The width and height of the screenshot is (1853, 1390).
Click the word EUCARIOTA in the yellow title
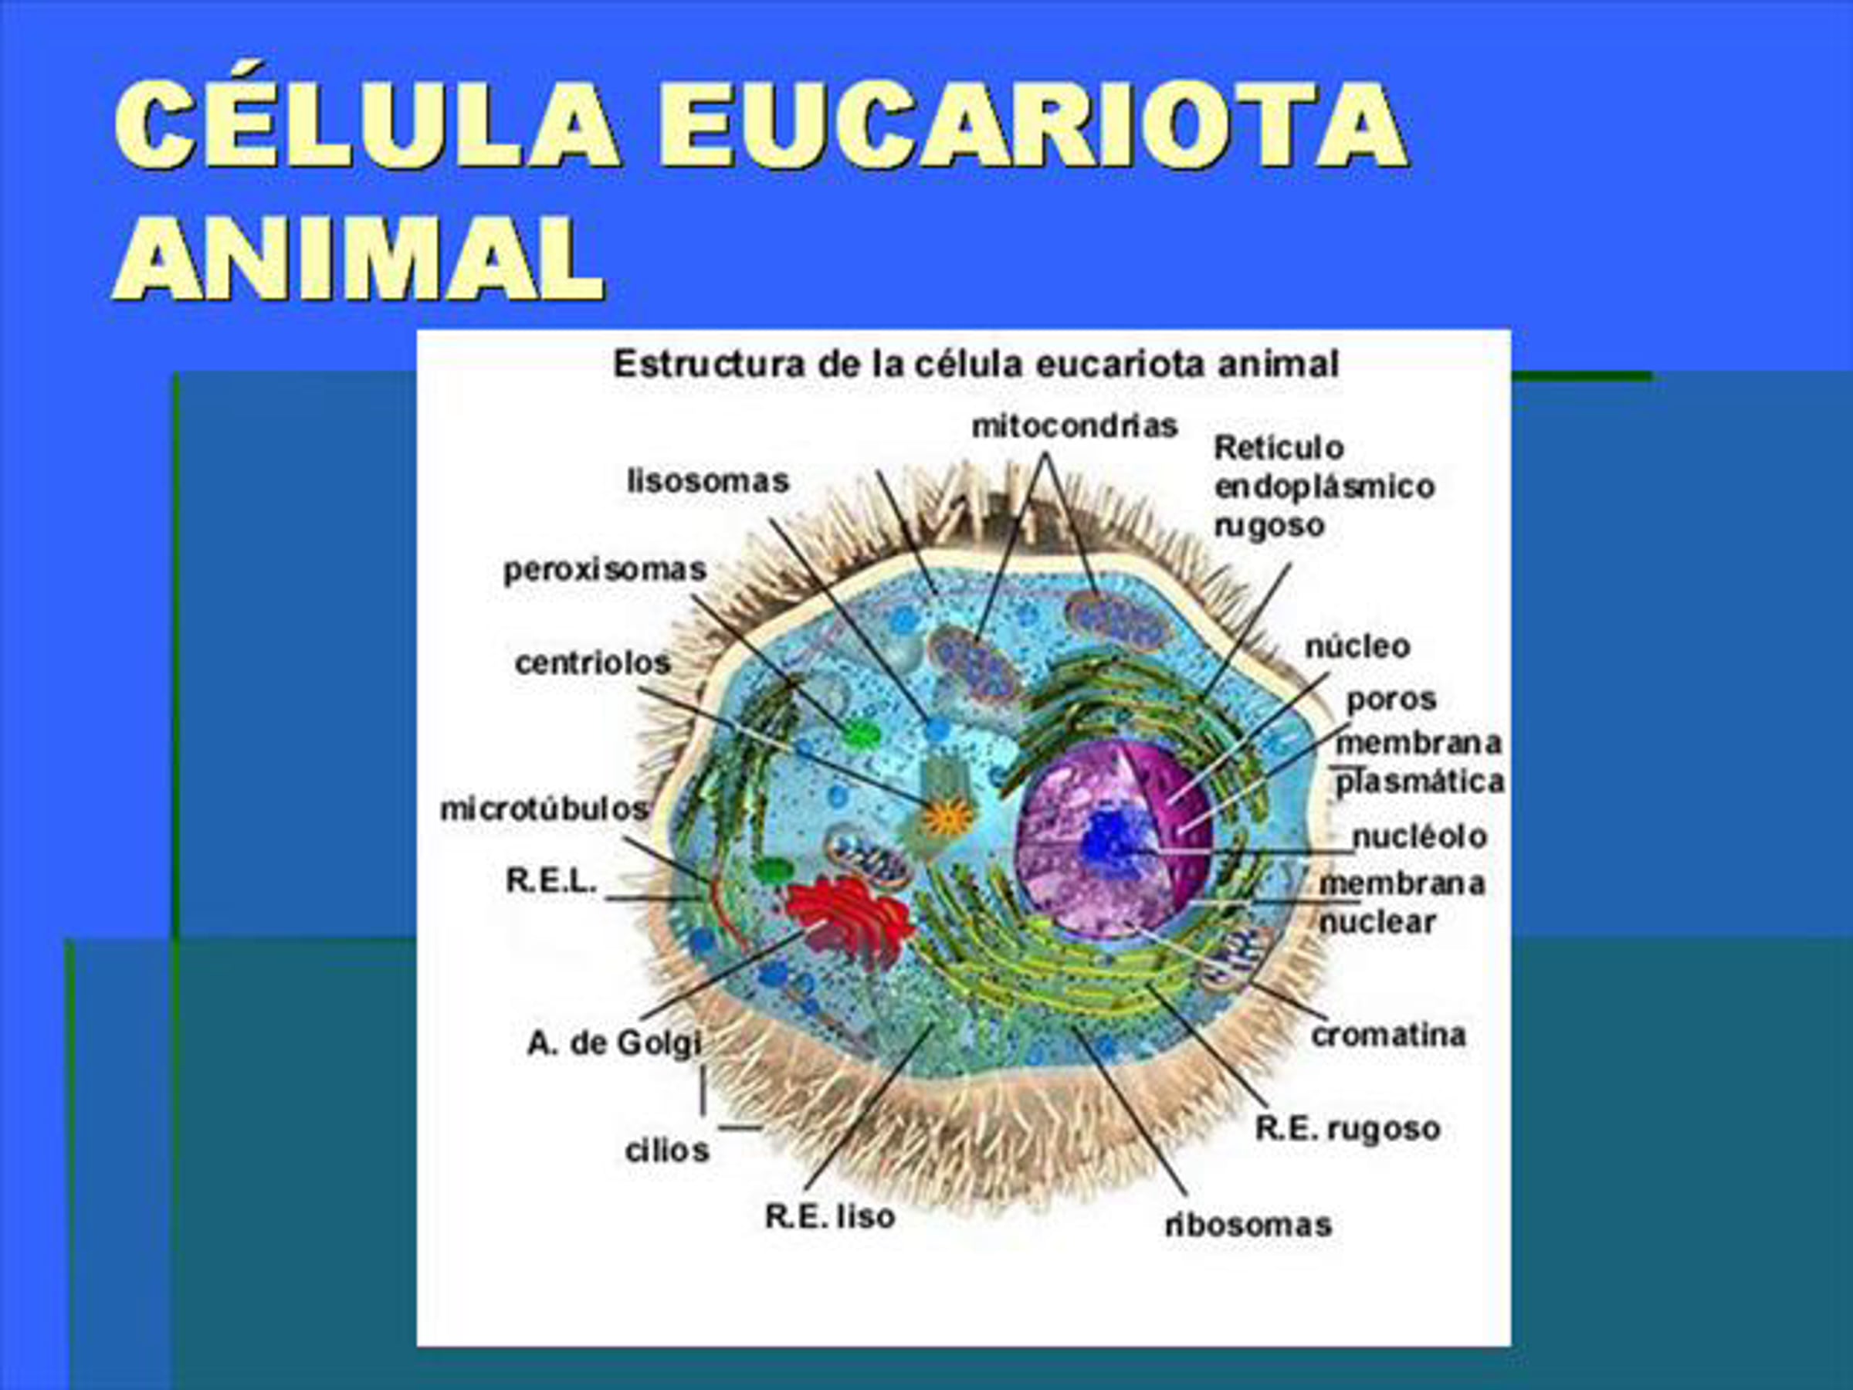pos(1032,126)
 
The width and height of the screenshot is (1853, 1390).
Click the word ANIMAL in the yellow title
pos(358,258)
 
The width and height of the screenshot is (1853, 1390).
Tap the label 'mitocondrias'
pos(1075,426)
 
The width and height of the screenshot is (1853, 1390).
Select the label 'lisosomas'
pos(708,481)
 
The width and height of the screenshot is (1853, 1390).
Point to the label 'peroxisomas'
pos(605,571)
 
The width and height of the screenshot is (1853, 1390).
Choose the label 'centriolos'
pos(593,663)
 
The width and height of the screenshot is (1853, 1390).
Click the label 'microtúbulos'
pos(544,809)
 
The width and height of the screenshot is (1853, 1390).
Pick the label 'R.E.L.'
pos(551,880)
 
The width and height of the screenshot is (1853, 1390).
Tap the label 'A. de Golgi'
pos(614,1044)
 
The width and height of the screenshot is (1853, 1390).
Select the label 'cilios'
pos(667,1151)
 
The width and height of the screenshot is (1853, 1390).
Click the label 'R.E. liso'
pos(829,1216)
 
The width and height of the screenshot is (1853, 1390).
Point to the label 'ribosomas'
pos(1248,1225)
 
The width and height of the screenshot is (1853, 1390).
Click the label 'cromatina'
pos(1388,1036)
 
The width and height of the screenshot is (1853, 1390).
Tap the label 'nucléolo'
pos(1420,836)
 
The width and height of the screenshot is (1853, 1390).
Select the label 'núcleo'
pos(1357,646)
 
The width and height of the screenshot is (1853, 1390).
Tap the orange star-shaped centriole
pos(947,816)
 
